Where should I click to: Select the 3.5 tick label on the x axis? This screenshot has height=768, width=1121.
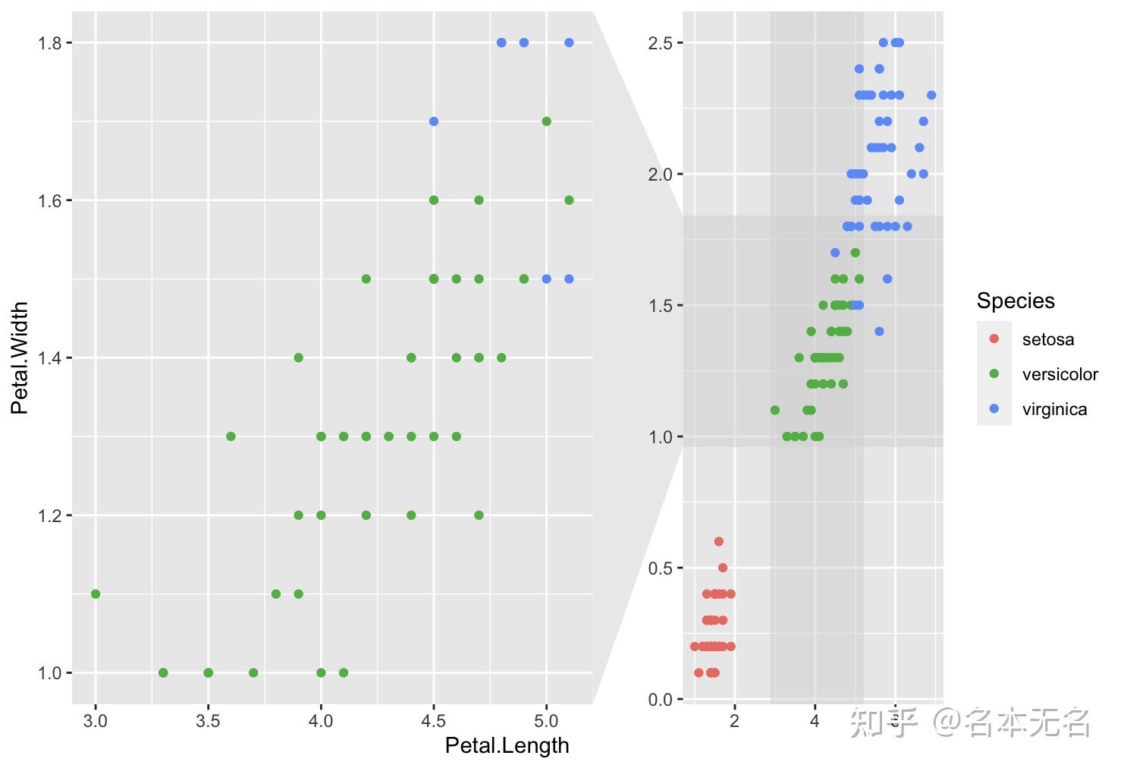click(x=208, y=720)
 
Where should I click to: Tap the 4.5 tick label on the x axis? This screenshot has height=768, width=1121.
click(x=434, y=720)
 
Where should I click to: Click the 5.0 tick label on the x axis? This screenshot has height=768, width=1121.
click(x=546, y=720)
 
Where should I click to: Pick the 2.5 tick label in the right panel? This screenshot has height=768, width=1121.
click(x=660, y=42)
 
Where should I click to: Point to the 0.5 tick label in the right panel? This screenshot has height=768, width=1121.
click(x=660, y=568)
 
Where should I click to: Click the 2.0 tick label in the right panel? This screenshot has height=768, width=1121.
click(x=660, y=174)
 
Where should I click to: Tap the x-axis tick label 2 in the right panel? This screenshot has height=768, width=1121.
click(x=734, y=720)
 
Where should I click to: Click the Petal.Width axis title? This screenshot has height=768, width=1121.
click(x=20, y=357)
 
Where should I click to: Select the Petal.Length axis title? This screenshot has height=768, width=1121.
click(x=507, y=745)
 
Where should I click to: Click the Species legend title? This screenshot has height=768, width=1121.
click(x=1016, y=301)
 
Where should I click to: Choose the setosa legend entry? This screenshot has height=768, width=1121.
click(x=1047, y=339)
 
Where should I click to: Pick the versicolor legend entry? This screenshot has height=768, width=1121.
click(x=1060, y=374)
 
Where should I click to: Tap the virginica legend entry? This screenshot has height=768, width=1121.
click(x=1054, y=409)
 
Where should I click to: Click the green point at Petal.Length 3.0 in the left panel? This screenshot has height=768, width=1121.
click(x=96, y=593)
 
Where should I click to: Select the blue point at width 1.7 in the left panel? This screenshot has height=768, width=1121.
click(x=434, y=121)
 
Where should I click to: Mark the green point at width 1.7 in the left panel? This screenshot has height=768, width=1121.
click(x=546, y=121)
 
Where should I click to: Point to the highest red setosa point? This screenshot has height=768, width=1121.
click(x=719, y=541)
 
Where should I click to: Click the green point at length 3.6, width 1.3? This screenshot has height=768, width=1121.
click(x=231, y=436)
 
